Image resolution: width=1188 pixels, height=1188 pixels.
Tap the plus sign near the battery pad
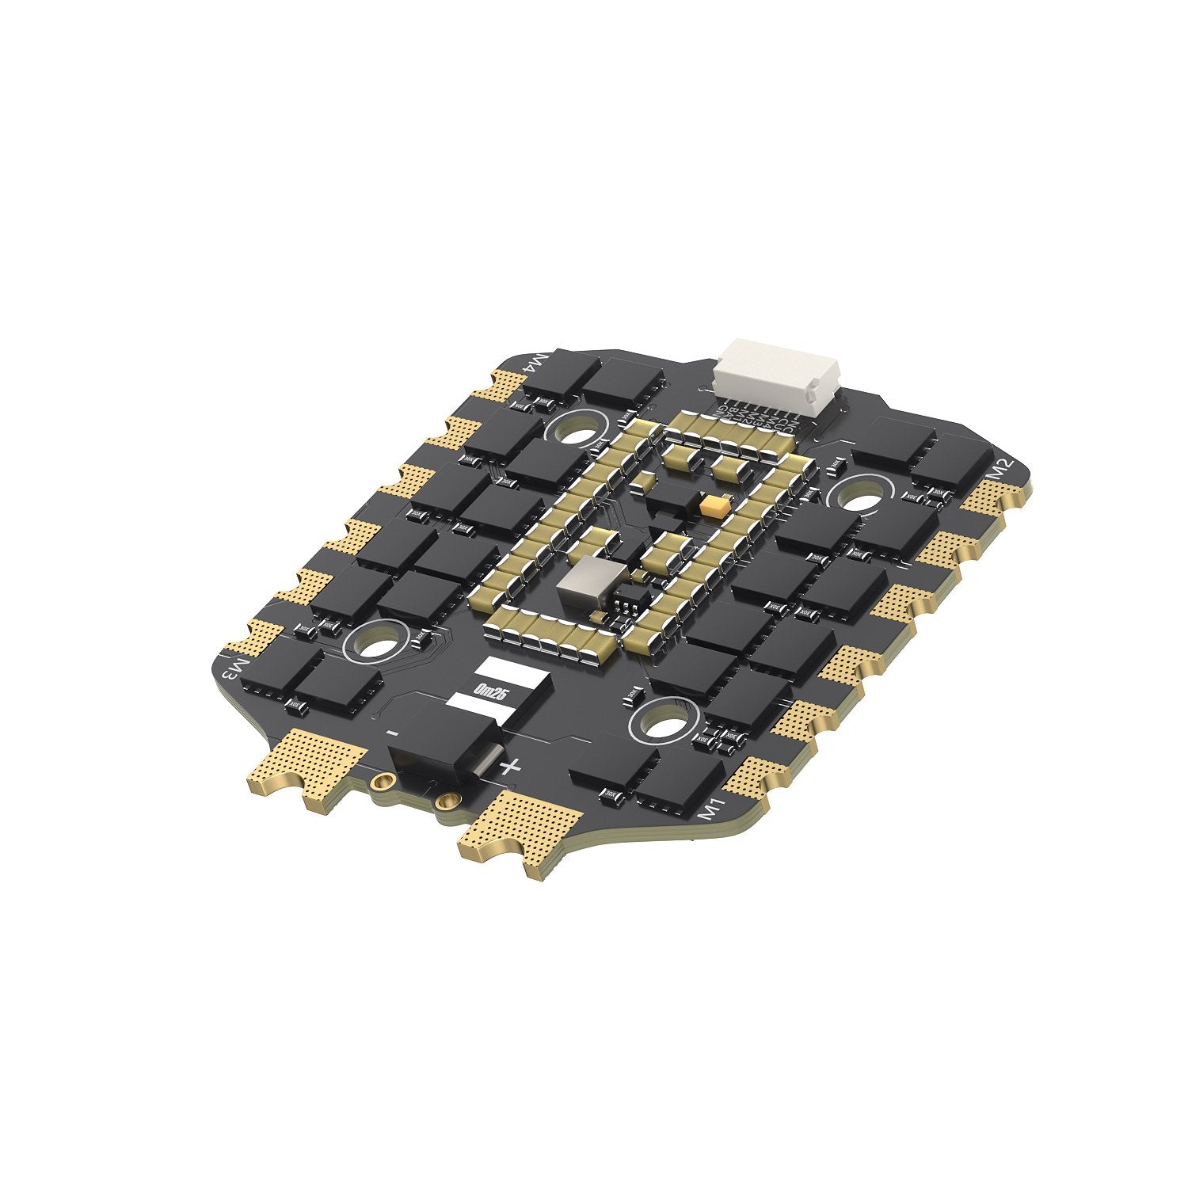point(511,767)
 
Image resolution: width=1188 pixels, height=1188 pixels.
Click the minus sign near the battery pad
point(392,733)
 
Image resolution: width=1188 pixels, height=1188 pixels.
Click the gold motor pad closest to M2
point(994,499)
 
